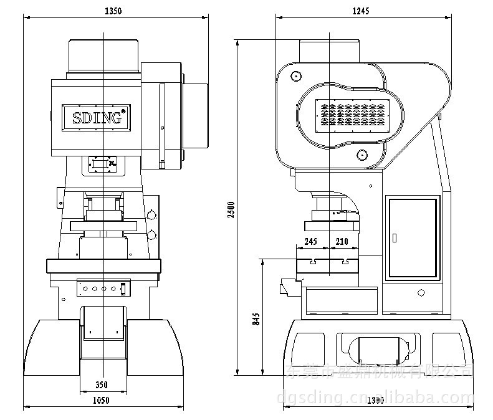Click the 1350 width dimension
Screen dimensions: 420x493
(112, 11)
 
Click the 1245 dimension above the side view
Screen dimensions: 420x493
(361, 11)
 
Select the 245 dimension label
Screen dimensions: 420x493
(311, 242)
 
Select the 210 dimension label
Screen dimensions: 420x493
(342, 242)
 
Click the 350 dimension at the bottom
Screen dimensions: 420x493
(103, 385)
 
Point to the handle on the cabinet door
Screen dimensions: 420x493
(394, 237)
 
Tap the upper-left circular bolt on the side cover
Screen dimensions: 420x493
(295, 76)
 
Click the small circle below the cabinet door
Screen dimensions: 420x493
(421, 292)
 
